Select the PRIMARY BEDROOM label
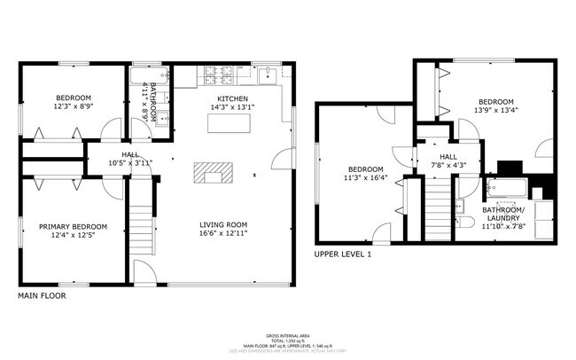[73, 226]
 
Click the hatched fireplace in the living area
[213, 171]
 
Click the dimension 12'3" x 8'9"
[74, 106]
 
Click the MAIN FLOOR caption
[42, 296]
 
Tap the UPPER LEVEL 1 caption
[343, 254]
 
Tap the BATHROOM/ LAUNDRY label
[505, 214]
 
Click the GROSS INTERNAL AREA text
[288, 334]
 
